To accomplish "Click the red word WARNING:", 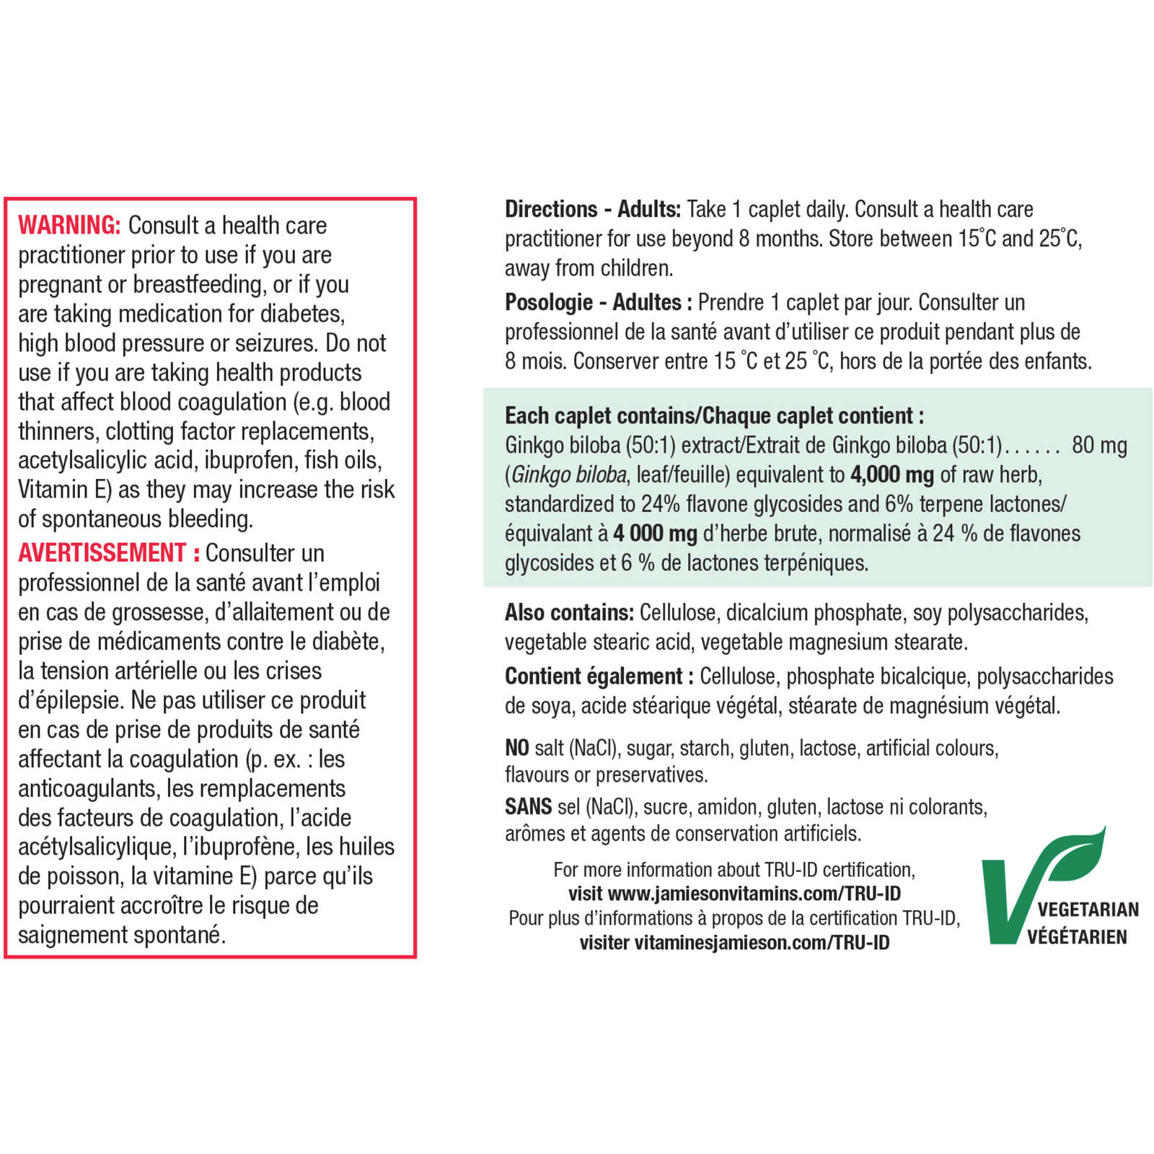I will click(x=69, y=226).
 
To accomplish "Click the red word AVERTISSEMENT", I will click(x=102, y=553).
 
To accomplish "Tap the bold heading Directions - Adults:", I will click(x=592, y=209).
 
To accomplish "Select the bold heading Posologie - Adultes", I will click(x=593, y=302).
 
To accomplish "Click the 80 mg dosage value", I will click(x=1099, y=446).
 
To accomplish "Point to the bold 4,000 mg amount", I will click(x=891, y=475).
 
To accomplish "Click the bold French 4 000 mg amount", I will click(x=655, y=534).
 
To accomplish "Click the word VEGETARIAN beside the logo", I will click(x=1088, y=909).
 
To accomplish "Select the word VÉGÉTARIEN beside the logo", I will click(x=1077, y=937).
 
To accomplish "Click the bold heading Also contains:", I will click(x=569, y=613).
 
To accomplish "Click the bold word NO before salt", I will click(x=517, y=748).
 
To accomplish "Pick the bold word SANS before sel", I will click(x=528, y=806).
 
